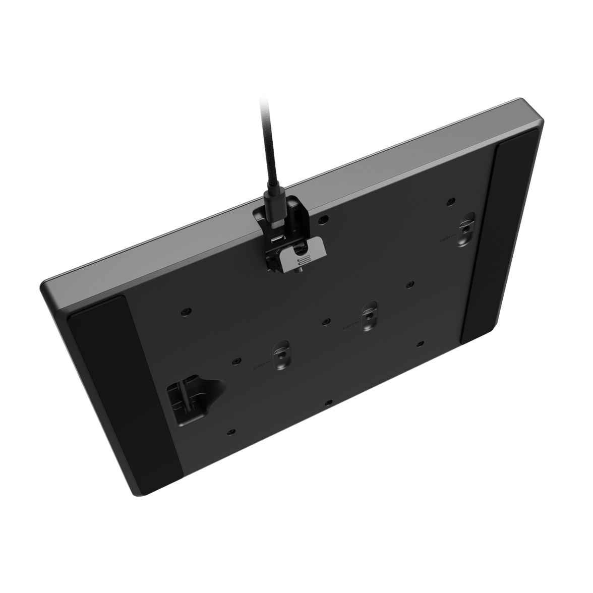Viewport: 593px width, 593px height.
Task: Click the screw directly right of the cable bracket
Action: [323, 219]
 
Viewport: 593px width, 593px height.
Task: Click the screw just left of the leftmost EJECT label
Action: [235, 361]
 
